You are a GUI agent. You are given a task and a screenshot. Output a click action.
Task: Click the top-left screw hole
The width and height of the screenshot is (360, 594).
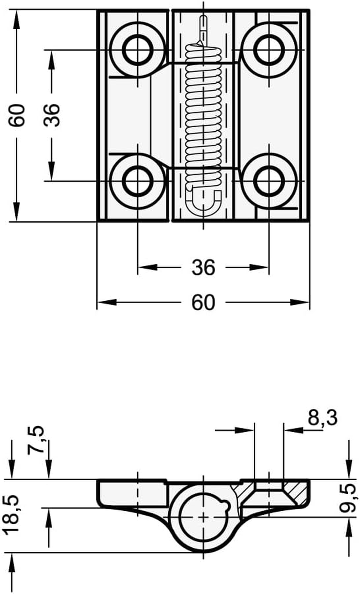pos(138,50)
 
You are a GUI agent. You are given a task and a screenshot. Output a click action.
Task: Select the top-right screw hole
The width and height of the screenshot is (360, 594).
pos(269,50)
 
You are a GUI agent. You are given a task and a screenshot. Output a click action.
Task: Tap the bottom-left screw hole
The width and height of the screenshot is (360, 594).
pos(138,181)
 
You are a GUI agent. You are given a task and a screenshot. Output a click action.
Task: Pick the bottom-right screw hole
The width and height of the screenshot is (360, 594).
pos(269,181)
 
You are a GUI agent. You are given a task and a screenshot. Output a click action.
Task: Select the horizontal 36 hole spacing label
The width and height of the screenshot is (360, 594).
pos(203,268)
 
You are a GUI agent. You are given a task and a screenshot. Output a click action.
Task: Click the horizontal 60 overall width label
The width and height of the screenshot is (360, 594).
pos(203,303)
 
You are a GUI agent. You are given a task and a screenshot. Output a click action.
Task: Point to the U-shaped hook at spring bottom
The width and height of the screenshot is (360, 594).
pos(203,202)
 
